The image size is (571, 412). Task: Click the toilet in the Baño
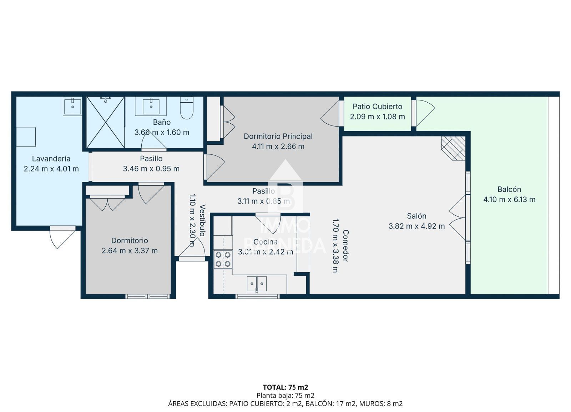(x=187, y=108)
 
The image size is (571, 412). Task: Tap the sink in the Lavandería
(x=73, y=107)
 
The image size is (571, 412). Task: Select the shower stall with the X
(x=106, y=122)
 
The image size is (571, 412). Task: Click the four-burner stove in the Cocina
(x=223, y=259)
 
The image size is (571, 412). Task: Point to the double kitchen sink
(x=257, y=284)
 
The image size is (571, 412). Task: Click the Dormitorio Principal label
(x=278, y=136)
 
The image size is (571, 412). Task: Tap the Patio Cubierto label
(x=377, y=107)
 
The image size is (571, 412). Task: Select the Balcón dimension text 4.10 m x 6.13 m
(x=509, y=199)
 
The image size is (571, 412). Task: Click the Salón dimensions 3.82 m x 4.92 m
(x=416, y=226)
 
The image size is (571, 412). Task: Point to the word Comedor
(x=345, y=246)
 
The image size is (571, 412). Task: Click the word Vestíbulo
(x=202, y=220)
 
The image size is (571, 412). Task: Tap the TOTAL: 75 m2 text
(x=285, y=387)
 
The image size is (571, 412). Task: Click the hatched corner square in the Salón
(x=453, y=148)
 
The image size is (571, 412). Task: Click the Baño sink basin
(x=151, y=106)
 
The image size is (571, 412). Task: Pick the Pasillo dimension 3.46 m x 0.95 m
(x=151, y=169)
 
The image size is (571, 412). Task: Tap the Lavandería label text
(x=51, y=159)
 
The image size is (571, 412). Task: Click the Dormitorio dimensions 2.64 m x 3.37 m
(x=130, y=251)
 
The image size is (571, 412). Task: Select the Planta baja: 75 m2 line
(x=285, y=396)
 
